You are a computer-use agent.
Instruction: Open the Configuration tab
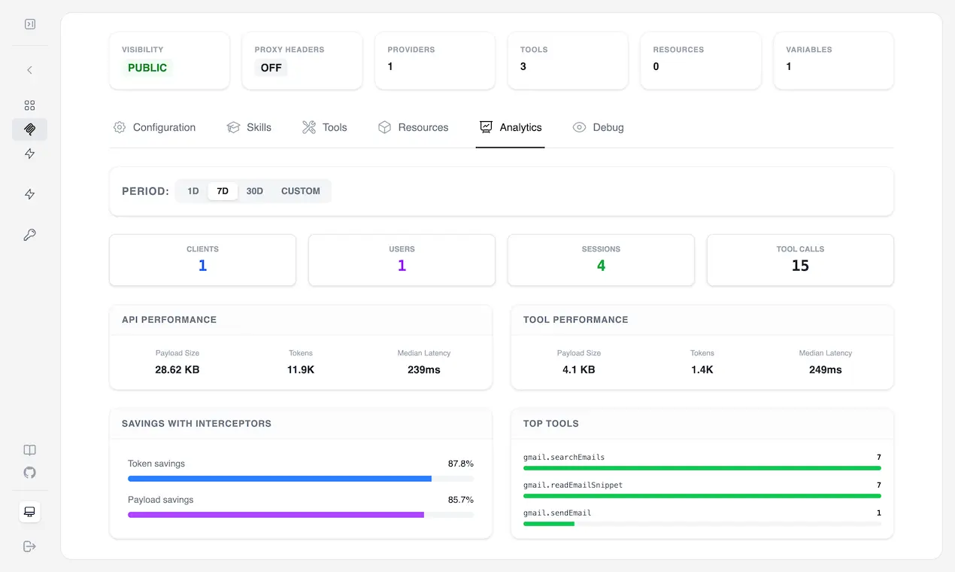[154, 127]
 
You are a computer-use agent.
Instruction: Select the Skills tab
[249, 127]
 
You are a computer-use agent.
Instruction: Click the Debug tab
[598, 127]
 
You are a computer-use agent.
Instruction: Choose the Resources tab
[413, 127]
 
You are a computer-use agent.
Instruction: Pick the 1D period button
[193, 191]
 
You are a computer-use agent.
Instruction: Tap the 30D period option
[254, 191]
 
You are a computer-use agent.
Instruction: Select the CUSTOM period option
[301, 191]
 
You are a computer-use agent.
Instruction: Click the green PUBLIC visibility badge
[147, 68]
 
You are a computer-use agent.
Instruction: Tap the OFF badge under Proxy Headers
[271, 68]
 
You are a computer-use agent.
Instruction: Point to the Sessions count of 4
[601, 266]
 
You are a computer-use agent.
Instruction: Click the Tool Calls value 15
[800, 266]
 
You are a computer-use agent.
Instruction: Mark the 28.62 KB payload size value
[177, 370]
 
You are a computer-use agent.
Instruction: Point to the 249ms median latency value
[826, 370]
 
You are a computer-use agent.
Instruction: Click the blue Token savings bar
[280, 479]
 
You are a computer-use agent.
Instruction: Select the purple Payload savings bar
[276, 515]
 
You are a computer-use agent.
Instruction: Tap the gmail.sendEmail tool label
[557, 513]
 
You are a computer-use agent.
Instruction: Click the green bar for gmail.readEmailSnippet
[702, 496]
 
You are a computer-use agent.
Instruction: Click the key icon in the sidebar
[29, 234]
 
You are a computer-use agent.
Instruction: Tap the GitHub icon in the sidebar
[29, 473]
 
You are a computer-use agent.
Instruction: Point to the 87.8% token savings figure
[460, 464]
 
